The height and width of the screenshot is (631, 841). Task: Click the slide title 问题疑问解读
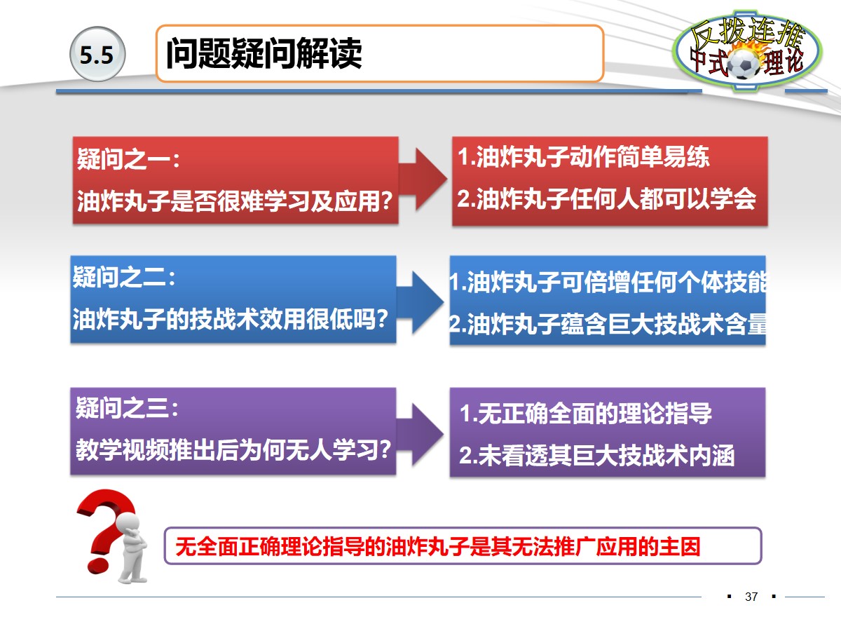coord(264,54)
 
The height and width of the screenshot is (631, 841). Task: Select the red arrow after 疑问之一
coord(424,179)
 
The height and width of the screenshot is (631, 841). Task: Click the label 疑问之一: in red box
coord(129,159)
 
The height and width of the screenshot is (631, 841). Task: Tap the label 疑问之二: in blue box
coord(124,278)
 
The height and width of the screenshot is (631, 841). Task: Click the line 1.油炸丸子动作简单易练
coord(583,158)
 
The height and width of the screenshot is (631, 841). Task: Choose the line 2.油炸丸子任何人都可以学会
coord(607,199)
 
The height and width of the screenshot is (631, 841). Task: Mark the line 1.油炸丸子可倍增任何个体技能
coord(607,283)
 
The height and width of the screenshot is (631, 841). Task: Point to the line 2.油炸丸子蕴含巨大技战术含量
coord(607,325)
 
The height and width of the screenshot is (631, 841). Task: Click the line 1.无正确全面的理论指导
coord(585,414)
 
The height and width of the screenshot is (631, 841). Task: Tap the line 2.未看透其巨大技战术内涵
coord(596,456)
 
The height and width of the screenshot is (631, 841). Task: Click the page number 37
coord(751,597)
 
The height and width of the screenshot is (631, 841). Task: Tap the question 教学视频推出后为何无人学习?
coord(233,449)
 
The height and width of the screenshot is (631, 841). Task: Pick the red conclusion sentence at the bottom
coord(438,546)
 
